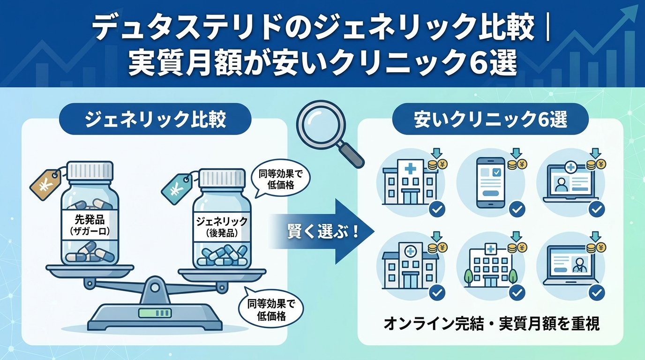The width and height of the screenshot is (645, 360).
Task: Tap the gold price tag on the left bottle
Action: (x=45, y=184)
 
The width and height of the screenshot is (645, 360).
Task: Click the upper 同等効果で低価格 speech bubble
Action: (x=280, y=179)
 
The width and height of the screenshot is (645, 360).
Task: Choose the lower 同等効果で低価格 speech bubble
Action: (x=270, y=309)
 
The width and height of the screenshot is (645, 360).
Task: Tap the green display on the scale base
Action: (x=155, y=313)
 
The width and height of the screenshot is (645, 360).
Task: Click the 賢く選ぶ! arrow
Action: (x=322, y=231)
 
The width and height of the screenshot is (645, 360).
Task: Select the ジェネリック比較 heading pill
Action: (x=155, y=119)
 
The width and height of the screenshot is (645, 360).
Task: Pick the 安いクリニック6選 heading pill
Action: (x=490, y=119)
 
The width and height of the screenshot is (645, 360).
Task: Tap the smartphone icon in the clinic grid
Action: (x=491, y=182)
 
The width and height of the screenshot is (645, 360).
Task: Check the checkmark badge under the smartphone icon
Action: (x=517, y=209)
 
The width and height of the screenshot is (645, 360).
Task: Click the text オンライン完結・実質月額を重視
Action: (x=492, y=324)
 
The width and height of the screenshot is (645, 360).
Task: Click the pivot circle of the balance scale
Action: (x=155, y=287)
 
